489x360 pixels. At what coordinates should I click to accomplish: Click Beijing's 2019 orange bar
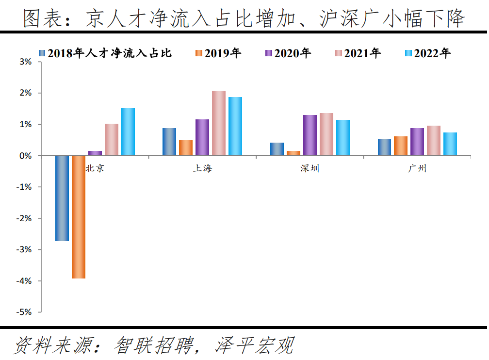[79, 217]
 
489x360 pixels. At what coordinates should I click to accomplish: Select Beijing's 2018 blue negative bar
[62, 198]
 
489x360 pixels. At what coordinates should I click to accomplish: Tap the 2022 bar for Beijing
[128, 132]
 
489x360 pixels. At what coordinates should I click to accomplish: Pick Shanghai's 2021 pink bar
[219, 123]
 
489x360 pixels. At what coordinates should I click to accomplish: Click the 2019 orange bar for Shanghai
[186, 148]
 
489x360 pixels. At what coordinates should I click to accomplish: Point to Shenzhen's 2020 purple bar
[310, 135]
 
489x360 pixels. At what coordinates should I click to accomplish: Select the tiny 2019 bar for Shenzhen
[293, 153]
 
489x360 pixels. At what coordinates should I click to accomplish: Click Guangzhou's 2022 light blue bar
[450, 144]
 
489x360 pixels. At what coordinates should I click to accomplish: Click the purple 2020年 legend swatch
[269, 53]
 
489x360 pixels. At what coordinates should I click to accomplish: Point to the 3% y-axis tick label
[26, 62]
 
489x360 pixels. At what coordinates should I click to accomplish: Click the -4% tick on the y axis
[25, 281]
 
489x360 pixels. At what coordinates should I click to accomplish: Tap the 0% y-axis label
[26, 156]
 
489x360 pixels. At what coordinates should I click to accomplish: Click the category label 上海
[202, 169]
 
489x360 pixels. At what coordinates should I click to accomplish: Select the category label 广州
[417, 169]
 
